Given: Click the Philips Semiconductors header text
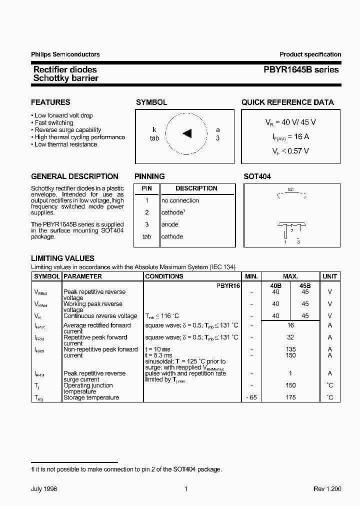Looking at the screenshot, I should pyautogui.click(x=65, y=54).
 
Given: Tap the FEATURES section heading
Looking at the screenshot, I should pyautogui.click(x=50, y=102).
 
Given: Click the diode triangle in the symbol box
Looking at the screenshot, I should pyautogui.click(x=187, y=133).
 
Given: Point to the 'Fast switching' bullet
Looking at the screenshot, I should pyautogui.click(x=53, y=122).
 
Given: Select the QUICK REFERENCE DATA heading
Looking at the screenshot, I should pyautogui.click(x=287, y=102).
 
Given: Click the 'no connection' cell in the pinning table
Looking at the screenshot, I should pyautogui.click(x=180, y=200).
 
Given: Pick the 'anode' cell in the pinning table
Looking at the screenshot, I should pyautogui.click(x=169, y=224).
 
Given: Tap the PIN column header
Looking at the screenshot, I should pyautogui.click(x=146, y=188).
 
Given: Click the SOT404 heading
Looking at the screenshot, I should pyautogui.click(x=257, y=176).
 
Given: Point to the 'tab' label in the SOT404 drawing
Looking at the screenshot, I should pyautogui.click(x=290, y=190).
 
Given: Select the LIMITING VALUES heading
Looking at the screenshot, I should pyautogui.click(x=62, y=258).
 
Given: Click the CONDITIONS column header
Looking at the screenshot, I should pyautogui.click(x=164, y=276).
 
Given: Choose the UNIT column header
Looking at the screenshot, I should pyautogui.click(x=329, y=276).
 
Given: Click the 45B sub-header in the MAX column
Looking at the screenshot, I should pyautogui.click(x=305, y=285).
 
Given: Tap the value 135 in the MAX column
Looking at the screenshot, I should pyautogui.click(x=290, y=349).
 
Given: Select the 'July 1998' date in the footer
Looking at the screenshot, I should pyautogui.click(x=44, y=489).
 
